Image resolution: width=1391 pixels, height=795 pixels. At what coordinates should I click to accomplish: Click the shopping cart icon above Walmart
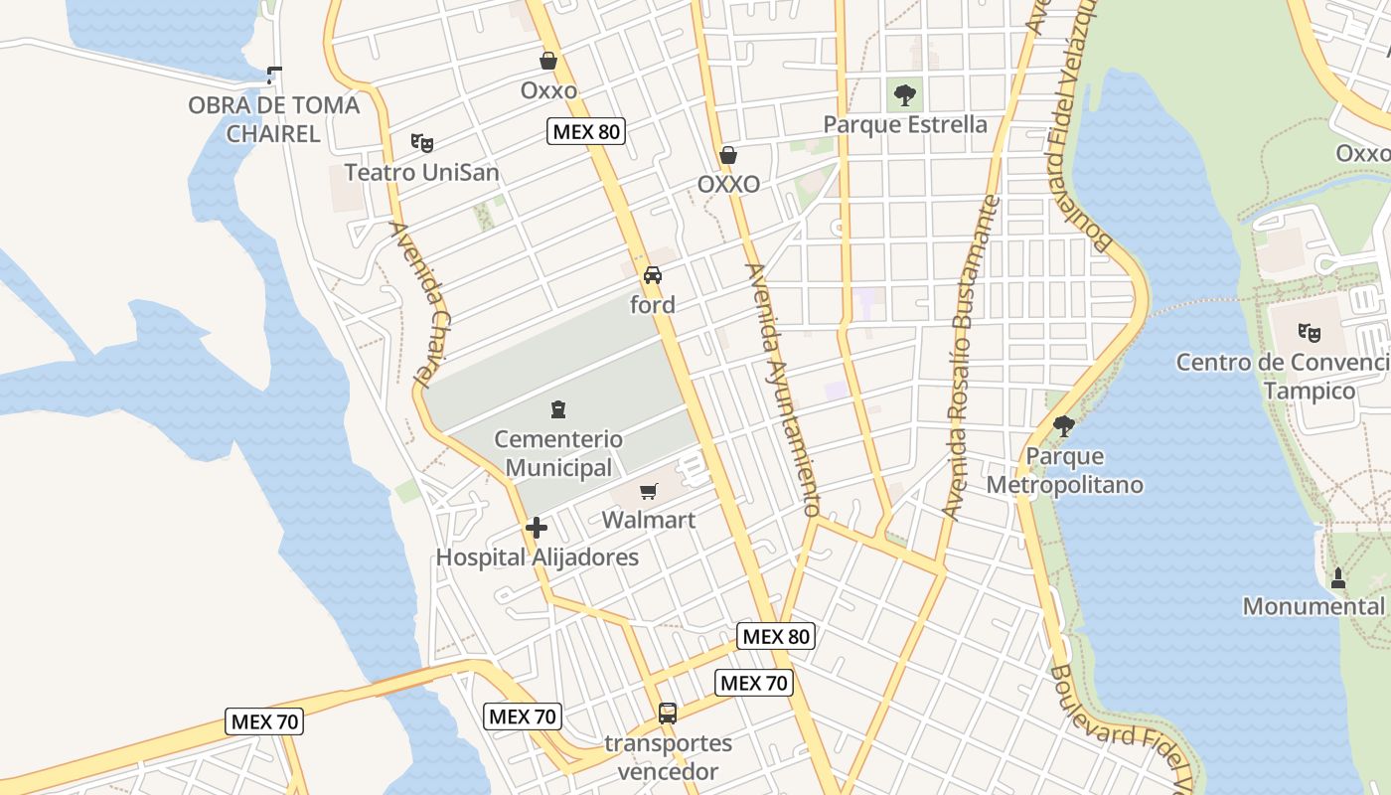(x=649, y=490)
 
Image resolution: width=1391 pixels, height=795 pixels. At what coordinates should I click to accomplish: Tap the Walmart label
(x=649, y=520)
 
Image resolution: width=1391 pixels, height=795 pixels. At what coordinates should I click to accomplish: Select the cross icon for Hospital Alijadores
(x=537, y=528)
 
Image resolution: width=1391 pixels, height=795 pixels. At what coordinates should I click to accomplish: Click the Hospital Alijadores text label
(x=537, y=557)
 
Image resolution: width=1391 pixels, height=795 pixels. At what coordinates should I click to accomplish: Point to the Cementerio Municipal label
(x=558, y=453)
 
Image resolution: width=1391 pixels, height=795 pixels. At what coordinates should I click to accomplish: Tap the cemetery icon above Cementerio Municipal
(x=558, y=409)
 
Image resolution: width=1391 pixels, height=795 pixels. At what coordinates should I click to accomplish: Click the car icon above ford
(x=653, y=275)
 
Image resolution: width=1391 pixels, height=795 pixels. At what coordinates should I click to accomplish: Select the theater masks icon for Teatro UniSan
(x=422, y=143)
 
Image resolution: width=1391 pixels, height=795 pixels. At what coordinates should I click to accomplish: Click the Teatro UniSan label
(x=421, y=173)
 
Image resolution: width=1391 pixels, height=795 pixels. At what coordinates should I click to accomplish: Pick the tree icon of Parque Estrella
(x=905, y=95)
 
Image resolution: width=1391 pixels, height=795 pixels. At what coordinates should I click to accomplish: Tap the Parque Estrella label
(x=905, y=125)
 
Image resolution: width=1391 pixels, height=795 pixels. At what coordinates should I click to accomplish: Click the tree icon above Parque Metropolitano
(x=1064, y=426)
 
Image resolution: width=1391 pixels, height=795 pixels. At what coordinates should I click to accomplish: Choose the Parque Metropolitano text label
(x=1064, y=471)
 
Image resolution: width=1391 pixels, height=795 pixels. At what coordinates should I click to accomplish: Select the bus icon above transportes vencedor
(x=668, y=713)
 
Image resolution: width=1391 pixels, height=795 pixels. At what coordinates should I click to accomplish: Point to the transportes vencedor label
(x=668, y=757)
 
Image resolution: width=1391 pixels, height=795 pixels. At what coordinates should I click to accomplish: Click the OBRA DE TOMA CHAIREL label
(x=273, y=119)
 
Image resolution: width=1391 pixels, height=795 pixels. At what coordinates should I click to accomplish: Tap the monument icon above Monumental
(x=1337, y=577)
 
